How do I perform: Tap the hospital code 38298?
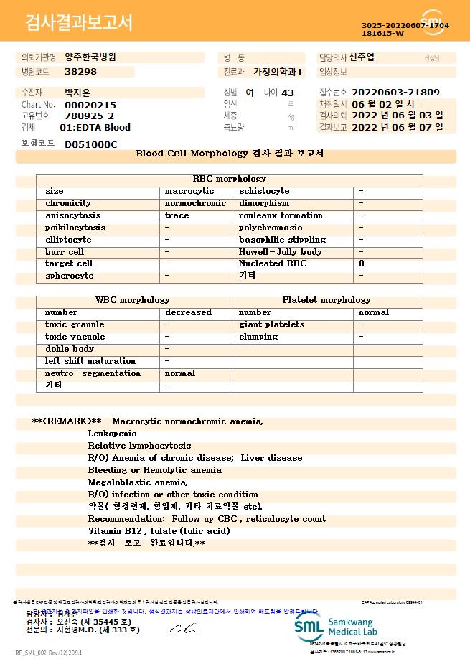click(x=80, y=72)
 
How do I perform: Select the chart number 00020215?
click(x=90, y=105)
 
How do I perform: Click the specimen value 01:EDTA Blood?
click(x=95, y=128)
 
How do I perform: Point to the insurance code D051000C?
click(x=90, y=144)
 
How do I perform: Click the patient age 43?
click(x=288, y=93)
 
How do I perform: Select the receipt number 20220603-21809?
click(x=395, y=93)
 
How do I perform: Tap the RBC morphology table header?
click(x=230, y=179)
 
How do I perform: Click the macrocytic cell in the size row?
click(x=189, y=192)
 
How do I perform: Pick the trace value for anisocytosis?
click(x=177, y=215)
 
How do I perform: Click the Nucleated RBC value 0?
click(x=361, y=264)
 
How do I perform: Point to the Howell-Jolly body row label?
click(x=281, y=252)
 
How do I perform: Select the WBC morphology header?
click(x=133, y=300)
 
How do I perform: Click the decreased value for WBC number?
click(x=188, y=312)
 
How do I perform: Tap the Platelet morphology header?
click(x=326, y=300)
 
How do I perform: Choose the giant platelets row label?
click(x=271, y=324)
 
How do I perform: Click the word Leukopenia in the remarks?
click(x=112, y=434)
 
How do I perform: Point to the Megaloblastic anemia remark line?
click(x=138, y=482)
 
